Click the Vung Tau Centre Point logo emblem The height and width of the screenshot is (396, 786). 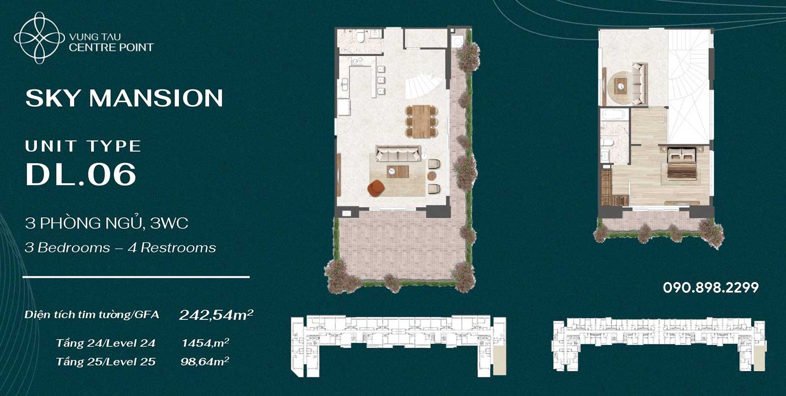point(39,38)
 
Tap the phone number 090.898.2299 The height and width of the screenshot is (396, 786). point(711,287)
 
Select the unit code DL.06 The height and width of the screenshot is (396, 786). point(81,174)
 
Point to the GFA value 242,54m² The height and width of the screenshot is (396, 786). point(216,315)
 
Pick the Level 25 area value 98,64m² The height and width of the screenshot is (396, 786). point(205,361)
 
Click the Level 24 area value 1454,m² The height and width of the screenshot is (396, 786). point(205,342)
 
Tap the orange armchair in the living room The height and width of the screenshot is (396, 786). point(376,188)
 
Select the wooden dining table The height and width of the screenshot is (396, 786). point(421,121)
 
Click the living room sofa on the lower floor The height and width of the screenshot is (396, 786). point(398,153)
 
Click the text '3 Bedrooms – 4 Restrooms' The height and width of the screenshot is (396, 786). point(120,248)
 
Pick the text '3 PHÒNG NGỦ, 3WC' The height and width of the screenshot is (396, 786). point(107,223)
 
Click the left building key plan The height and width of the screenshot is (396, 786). point(398,346)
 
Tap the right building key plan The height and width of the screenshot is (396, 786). point(659,344)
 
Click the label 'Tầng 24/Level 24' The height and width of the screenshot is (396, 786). point(106,343)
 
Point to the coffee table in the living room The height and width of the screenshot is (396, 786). point(397,171)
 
